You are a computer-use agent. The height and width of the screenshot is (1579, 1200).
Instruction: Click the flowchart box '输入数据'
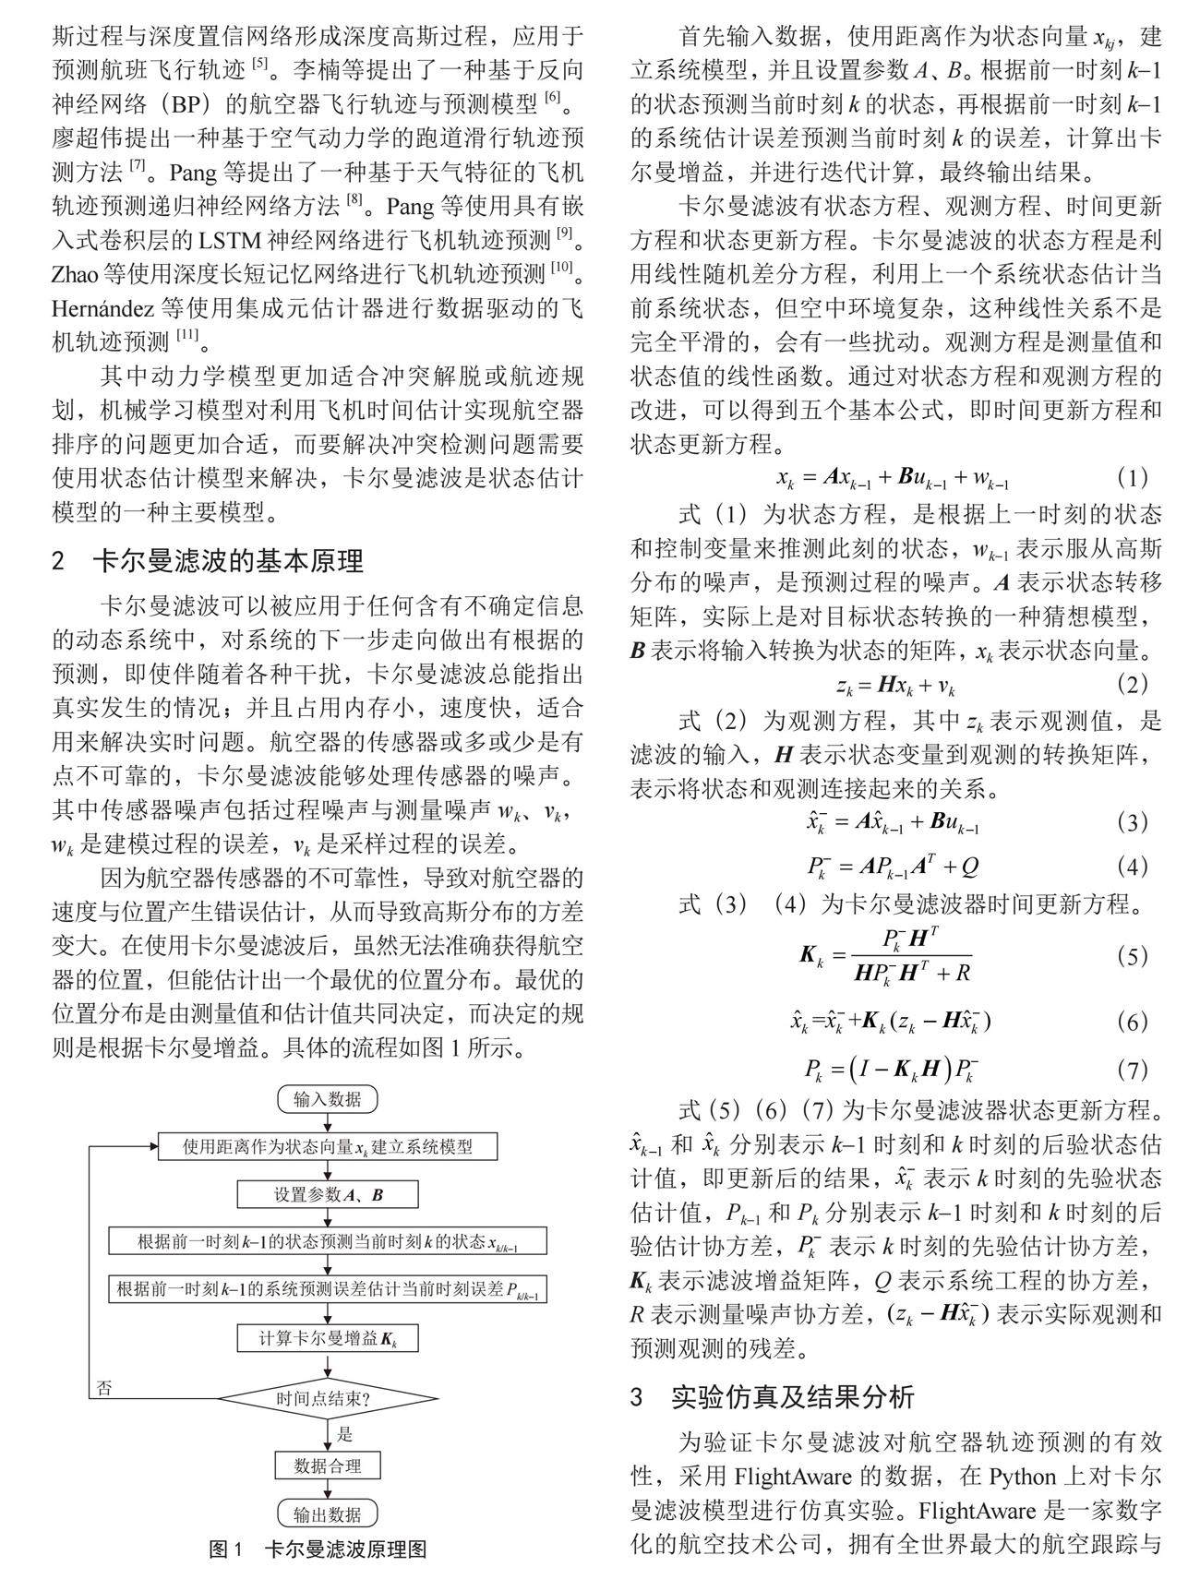(x=327, y=1099)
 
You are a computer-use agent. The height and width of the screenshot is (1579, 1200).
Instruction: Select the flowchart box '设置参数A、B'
(x=327, y=1194)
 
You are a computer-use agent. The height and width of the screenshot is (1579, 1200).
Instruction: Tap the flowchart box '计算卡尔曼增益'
(x=327, y=1338)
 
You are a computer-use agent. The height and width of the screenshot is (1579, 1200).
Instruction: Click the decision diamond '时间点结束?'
(x=327, y=1398)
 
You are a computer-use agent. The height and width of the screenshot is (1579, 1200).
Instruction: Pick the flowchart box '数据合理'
(x=327, y=1465)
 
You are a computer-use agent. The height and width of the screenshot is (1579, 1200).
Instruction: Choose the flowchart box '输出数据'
(x=327, y=1514)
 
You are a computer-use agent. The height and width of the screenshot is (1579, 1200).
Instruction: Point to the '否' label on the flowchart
(x=104, y=1388)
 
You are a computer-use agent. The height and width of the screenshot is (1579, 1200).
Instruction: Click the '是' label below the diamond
(x=344, y=1434)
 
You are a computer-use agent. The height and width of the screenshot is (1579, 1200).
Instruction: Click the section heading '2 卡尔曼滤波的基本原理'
(x=208, y=560)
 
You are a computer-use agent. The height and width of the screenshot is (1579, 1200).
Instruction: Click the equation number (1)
(x=1132, y=477)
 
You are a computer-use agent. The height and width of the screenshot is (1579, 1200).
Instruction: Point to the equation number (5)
(x=1132, y=956)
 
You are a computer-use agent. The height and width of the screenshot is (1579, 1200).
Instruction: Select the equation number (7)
(x=1132, y=1070)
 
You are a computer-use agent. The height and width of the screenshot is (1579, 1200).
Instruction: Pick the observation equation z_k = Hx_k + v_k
(x=895, y=686)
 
